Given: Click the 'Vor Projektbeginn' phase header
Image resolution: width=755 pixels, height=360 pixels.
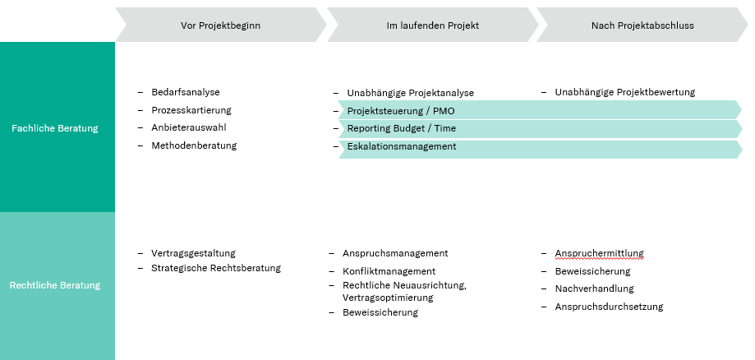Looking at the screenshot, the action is click(220, 25).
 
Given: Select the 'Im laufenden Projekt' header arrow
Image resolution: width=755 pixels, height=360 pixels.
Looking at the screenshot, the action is click(433, 25).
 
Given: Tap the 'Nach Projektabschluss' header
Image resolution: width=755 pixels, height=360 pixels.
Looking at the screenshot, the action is click(642, 25).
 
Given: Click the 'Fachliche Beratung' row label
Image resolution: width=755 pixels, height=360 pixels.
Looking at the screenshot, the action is click(55, 128).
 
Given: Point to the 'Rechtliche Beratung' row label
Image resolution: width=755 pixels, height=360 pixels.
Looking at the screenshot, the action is click(55, 285).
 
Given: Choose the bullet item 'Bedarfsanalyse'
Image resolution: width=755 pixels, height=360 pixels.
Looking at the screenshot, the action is click(186, 92).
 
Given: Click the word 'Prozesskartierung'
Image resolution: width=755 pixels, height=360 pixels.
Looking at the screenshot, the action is click(191, 110).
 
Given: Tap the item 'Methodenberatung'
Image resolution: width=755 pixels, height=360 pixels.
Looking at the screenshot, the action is click(194, 145).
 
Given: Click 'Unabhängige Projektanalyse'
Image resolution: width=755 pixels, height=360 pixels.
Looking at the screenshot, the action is click(410, 93).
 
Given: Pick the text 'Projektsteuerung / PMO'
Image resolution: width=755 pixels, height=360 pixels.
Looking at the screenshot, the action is click(401, 112).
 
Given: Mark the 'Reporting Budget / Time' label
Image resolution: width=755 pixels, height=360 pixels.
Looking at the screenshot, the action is click(402, 129).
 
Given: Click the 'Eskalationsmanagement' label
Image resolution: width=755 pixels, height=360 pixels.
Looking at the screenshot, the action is click(402, 146).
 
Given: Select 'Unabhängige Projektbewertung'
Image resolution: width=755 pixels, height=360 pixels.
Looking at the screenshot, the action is click(625, 92).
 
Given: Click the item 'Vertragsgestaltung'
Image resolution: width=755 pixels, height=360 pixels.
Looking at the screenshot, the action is click(193, 253).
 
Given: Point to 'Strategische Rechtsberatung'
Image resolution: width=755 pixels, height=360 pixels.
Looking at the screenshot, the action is click(216, 268).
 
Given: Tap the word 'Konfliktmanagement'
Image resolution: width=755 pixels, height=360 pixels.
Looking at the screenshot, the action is click(389, 271).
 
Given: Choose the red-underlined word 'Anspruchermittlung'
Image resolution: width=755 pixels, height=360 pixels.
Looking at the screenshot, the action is click(599, 253).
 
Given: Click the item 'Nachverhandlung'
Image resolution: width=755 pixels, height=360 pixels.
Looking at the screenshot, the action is click(594, 288).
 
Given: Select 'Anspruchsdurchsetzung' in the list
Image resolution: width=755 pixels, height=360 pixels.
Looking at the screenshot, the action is click(609, 307).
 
